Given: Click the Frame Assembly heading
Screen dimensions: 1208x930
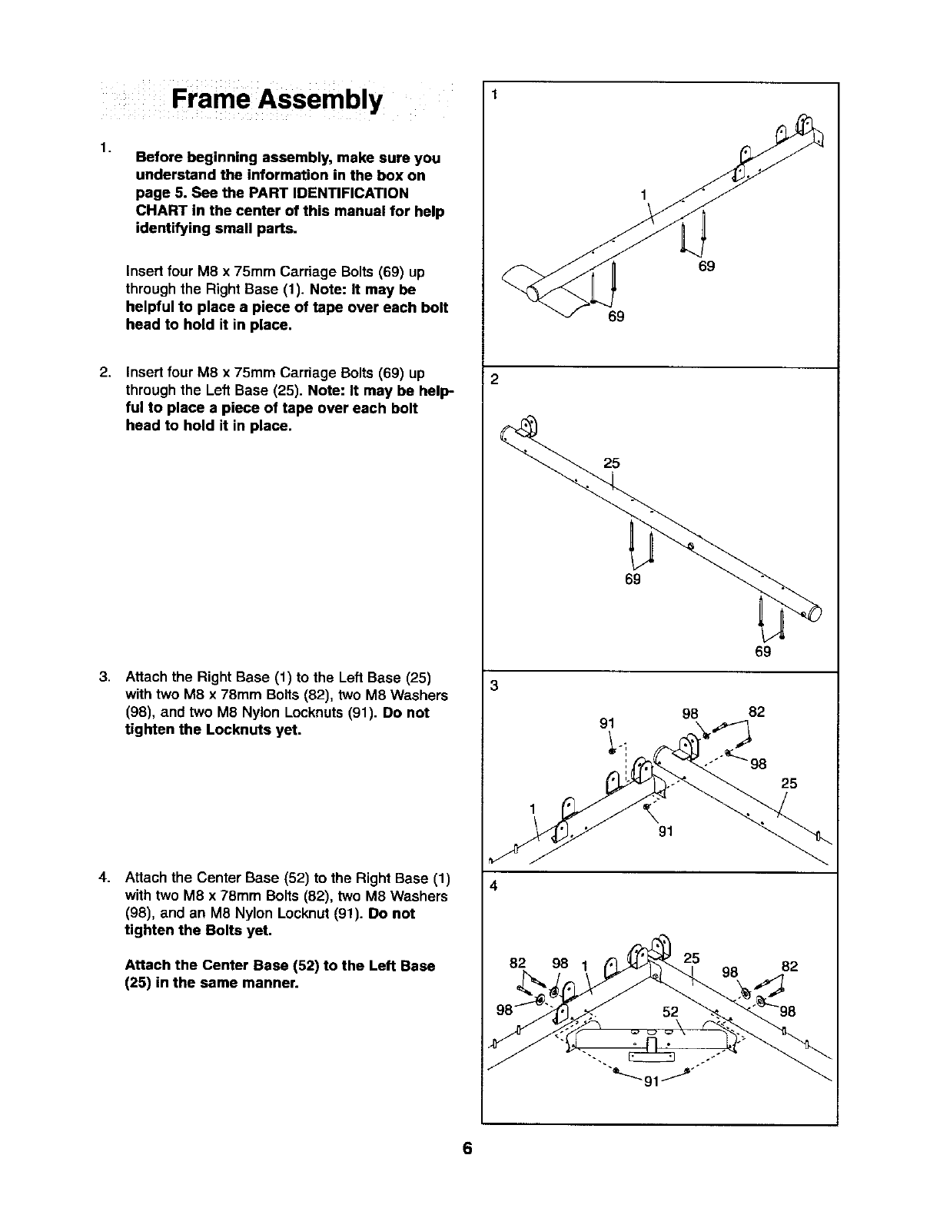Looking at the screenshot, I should (276, 100).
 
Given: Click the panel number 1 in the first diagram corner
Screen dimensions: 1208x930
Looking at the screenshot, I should (495, 95).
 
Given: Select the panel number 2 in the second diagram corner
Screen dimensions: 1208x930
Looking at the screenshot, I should (495, 379).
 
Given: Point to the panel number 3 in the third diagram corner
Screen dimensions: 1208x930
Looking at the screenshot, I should (495, 686).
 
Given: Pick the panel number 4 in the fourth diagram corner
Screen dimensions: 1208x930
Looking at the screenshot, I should (495, 885).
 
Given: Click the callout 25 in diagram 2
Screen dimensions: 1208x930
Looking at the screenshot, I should (611, 463).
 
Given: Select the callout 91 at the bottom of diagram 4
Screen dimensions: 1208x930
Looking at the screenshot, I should (653, 1083).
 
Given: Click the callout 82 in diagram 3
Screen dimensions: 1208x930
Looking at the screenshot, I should (756, 712).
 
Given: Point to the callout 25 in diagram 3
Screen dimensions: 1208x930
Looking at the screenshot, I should (789, 784).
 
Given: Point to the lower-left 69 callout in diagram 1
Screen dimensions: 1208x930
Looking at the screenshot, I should (616, 316).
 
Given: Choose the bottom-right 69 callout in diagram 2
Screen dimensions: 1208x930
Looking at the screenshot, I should (762, 652).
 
